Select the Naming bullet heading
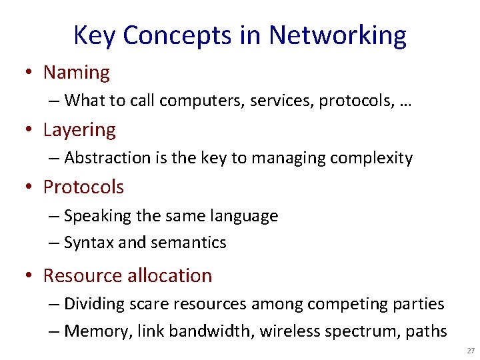[77, 72]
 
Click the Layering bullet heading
[79, 130]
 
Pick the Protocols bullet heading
[83, 187]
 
